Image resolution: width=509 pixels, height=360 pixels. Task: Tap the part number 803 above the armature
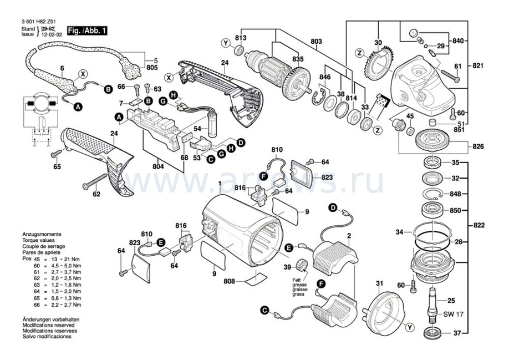tap(316, 42)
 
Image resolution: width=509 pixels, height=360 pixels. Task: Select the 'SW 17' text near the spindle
tap(453, 315)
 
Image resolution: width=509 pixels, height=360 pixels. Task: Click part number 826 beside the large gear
tap(477, 146)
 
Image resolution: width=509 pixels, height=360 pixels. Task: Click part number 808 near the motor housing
tap(228, 281)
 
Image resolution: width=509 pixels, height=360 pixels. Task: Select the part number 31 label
tap(379, 284)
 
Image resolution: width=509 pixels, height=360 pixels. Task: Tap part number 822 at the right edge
tap(477, 225)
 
